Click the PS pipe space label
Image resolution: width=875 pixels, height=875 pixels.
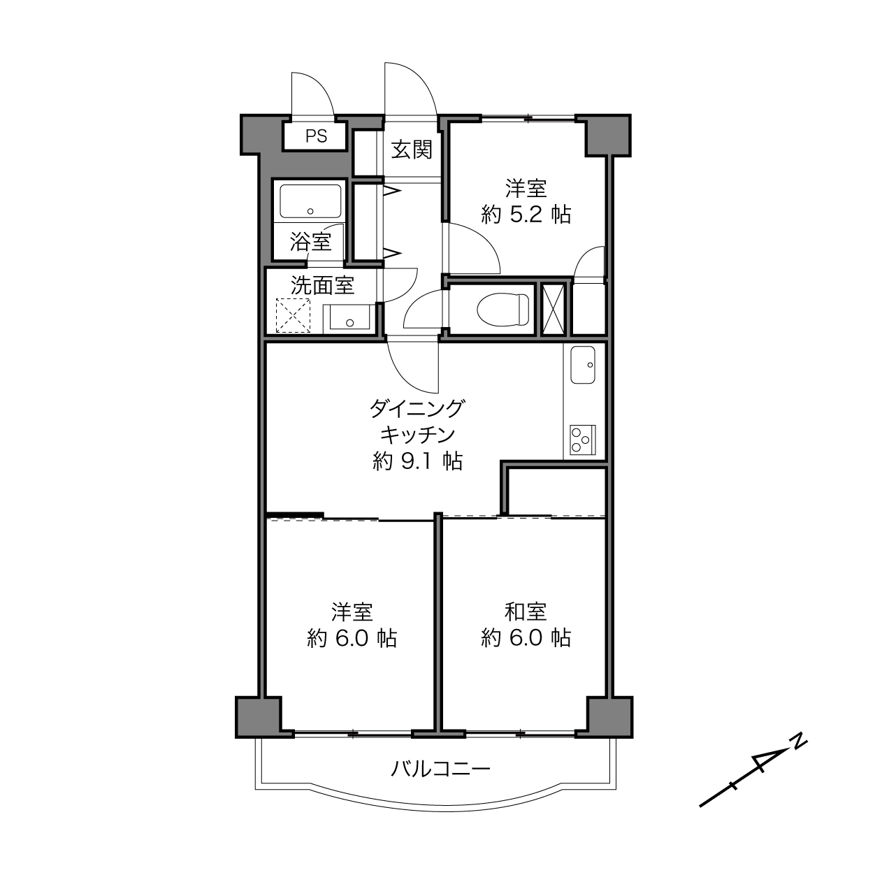316,136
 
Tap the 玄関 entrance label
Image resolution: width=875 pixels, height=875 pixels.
412,150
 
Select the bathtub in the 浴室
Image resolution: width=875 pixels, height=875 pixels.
310,201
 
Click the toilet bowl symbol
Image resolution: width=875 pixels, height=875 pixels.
503,309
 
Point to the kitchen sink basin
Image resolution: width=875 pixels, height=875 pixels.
583,365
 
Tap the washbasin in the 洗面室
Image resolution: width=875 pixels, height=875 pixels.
349,317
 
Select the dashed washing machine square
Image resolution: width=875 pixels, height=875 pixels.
294,315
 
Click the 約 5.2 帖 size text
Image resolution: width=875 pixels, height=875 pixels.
526,215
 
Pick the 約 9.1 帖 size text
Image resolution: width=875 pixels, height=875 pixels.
418,461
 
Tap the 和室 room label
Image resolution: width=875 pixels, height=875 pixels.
526,612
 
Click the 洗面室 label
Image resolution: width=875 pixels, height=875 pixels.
322,285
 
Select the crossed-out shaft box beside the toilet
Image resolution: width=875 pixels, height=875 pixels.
553,309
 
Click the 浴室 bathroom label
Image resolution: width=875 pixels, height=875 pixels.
310,242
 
